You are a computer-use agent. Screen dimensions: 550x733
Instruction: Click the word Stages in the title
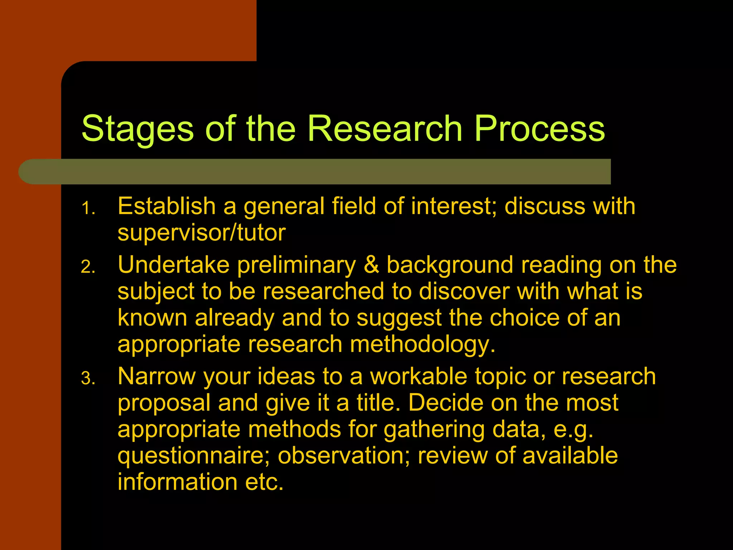point(137,130)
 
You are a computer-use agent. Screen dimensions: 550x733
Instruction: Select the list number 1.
point(88,208)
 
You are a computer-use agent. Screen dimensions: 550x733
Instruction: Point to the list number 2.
point(88,267)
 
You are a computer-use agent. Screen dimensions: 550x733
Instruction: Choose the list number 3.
point(88,379)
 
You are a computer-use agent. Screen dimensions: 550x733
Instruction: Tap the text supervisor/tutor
point(202,233)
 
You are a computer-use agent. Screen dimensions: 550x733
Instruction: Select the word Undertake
point(174,265)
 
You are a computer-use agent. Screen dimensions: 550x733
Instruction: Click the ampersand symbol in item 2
point(371,265)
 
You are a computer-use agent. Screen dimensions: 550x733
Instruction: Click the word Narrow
point(157,377)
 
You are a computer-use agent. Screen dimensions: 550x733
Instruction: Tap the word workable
point(418,377)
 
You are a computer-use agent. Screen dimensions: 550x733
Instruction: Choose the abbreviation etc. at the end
point(264,482)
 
